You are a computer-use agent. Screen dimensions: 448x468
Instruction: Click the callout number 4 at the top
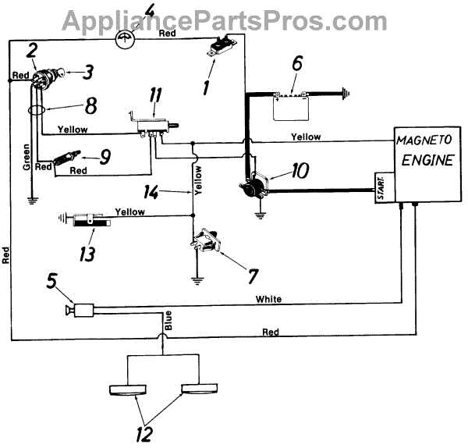coord(127,12)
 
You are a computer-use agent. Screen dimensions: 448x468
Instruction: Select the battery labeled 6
coord(290,107)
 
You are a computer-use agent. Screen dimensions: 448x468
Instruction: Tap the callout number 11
coord(156,96)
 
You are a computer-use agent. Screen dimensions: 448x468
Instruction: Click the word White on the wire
coord(268,298)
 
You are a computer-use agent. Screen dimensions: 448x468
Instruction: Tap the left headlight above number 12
coord(129,389)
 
